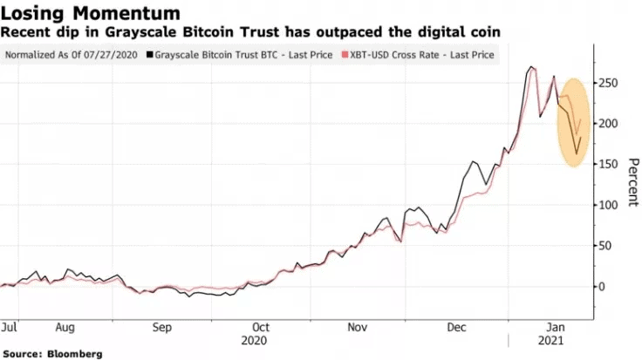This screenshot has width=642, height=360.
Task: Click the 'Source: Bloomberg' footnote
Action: click(x=52, y=354)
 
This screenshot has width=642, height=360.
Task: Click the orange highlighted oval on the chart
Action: click(x=574, y=122)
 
